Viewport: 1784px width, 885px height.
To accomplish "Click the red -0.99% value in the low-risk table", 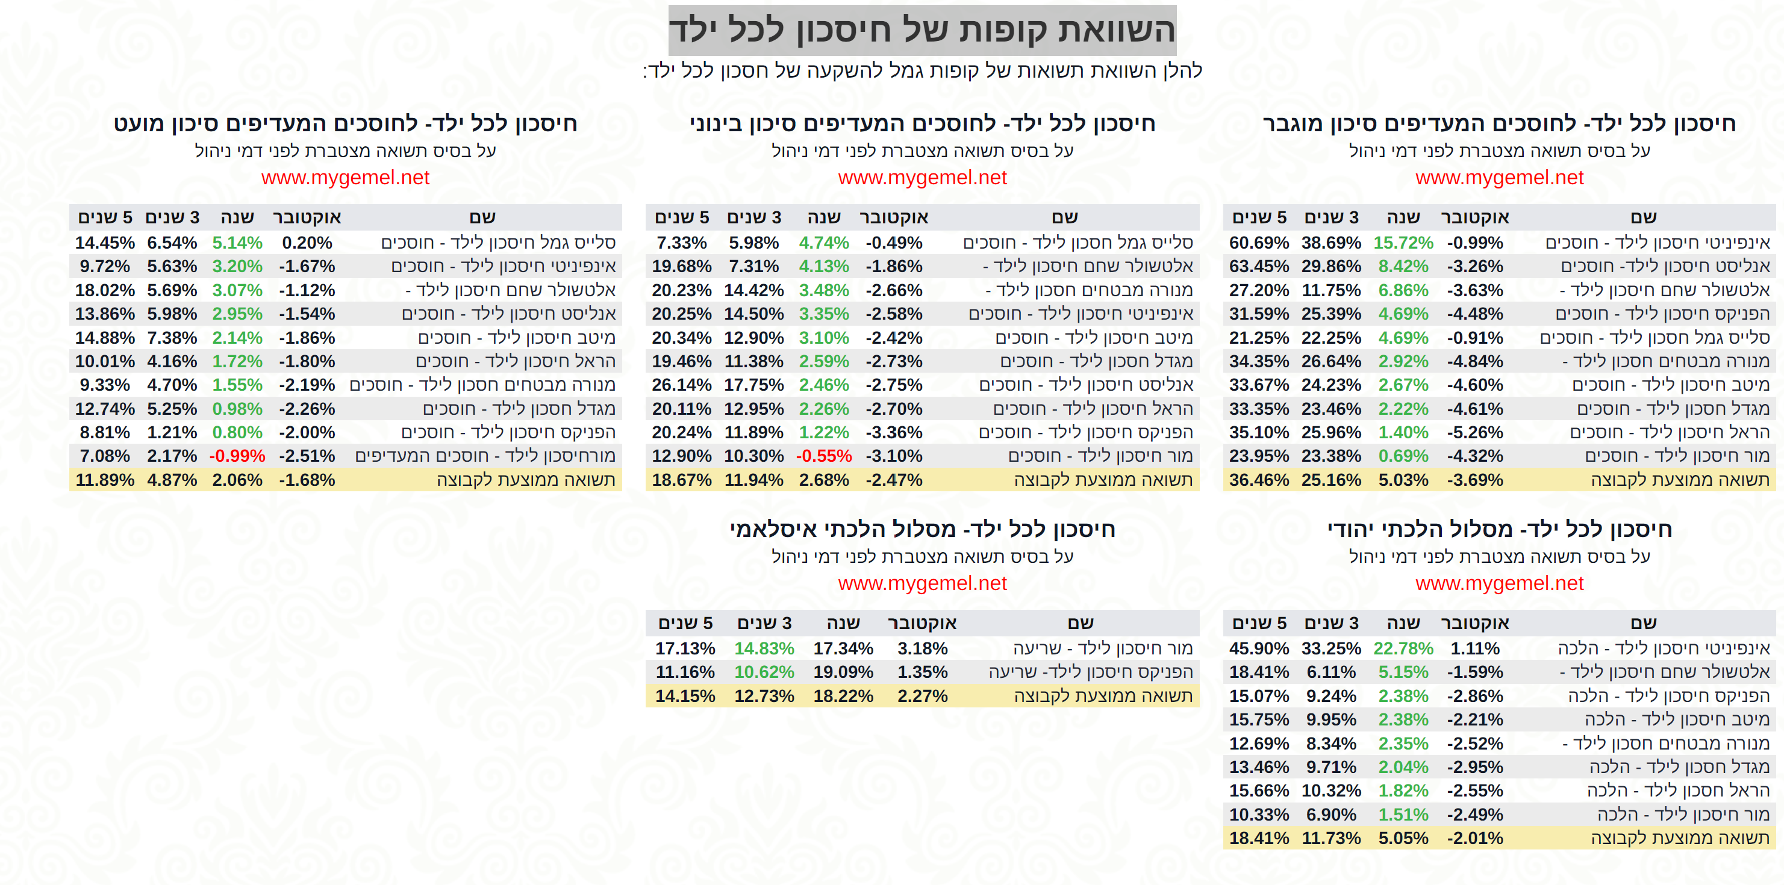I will [x=237, y=456].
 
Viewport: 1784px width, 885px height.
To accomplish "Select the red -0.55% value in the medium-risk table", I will [x=823, y=456].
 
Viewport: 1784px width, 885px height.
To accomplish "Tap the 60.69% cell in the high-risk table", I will [x=1258, y=243].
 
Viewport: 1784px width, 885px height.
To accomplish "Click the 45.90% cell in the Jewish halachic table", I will [x=1258, y=649].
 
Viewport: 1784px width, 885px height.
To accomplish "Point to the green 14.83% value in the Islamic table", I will [x=764, y=649].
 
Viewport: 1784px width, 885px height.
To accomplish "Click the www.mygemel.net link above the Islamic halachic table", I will [x=922, y=583].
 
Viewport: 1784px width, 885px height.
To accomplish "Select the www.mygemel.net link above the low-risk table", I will [x=345, y=177].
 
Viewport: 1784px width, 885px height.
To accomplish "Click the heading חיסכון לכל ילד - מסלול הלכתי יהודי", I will [x=1499, y=530].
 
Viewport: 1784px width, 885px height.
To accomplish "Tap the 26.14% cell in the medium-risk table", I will [x=681, y=385].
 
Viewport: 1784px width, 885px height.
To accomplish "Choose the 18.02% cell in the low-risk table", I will [x=105, y=290].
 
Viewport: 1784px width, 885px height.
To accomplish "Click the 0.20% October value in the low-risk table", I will [x=307, y=243].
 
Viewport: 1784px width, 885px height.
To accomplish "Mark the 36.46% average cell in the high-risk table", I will [x=1258, y=480].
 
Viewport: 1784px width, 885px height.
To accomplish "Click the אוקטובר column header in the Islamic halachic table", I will [x=922, y=623].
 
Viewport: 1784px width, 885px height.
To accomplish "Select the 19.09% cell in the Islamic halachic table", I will [x=843, y=672].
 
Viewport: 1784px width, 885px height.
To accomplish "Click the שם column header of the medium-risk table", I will [x=1064, y=217].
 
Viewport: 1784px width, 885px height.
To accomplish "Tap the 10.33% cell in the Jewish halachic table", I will [x=1258, y=815].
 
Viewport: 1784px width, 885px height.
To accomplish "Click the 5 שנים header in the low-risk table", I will [x=105, y=217].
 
